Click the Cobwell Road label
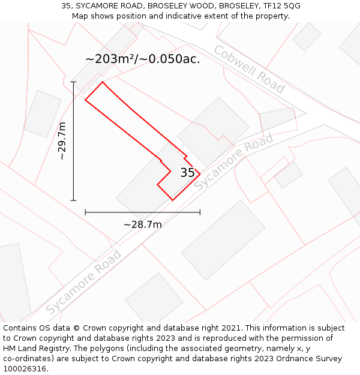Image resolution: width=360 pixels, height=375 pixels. tap(249, 69)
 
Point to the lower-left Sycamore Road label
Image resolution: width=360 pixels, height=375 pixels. tap(83, 282)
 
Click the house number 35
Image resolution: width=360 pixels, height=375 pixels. tap(187, 173)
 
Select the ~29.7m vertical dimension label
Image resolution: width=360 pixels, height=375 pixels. tap(62, 141)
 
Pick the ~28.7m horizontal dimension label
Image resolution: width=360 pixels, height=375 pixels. tap(143, 224)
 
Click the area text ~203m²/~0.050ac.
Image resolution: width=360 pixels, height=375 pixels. tap(143, 59)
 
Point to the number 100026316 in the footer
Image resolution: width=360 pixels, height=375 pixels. tap(25, 369)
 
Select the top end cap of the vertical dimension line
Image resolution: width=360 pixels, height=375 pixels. tap(74, 82)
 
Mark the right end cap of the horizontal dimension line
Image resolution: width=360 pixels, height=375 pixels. tap(200, 212)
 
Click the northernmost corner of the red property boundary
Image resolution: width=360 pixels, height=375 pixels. tap(103, 82)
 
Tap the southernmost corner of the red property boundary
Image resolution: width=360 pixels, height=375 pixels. tap(173, 200)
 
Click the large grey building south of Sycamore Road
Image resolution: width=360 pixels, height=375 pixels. tap(223, 240)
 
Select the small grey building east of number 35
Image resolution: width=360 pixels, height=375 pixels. tap(288, 175)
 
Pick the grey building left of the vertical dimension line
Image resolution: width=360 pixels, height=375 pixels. tap(42, 114)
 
